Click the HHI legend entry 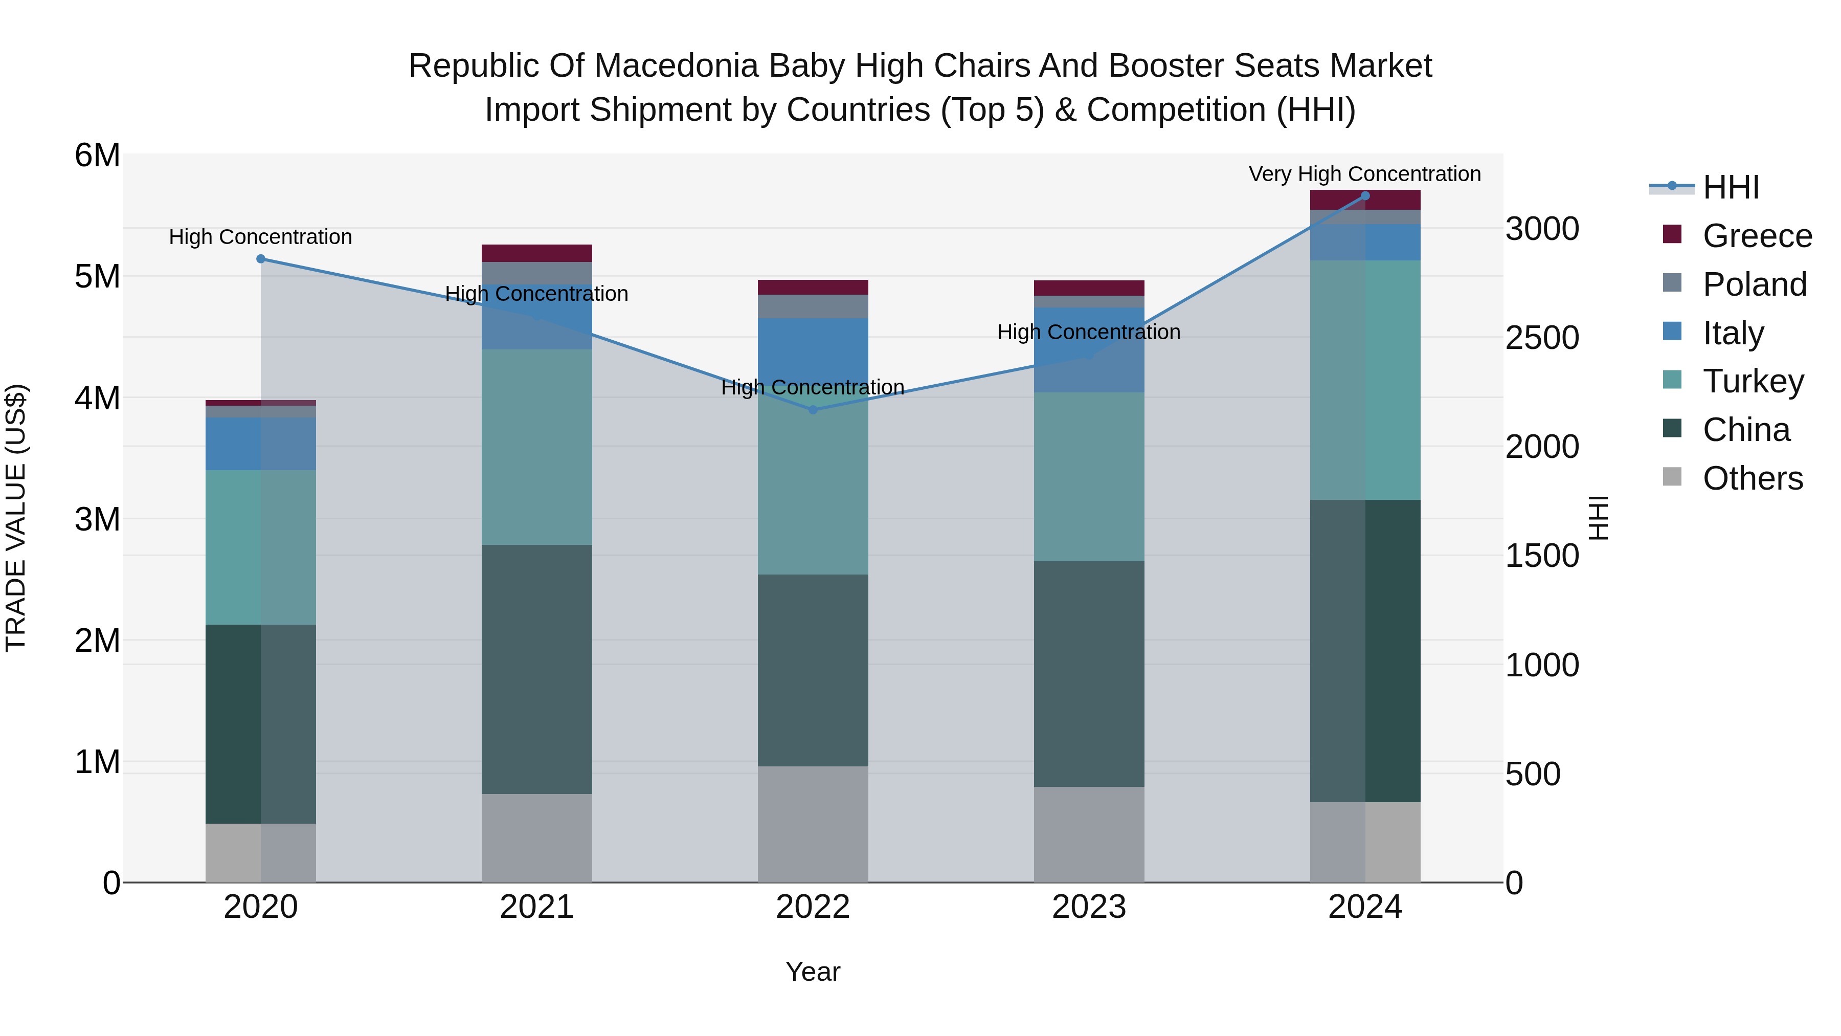(x=1730, y=187)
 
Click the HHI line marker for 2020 (x=261, y=259)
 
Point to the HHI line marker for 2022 (x=813, y=410)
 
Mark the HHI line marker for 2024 (x=1365, y=196)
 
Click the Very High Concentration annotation (x=1364, y=174)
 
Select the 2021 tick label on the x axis (x=537, y=907)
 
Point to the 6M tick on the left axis (x=97, y=155)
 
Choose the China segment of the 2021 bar (x=537, y=669)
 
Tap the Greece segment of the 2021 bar (x=537, y=253)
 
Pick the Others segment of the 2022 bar (x=813, y=824)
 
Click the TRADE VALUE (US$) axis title (x=16, y=518)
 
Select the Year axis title (x=813, y=972)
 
